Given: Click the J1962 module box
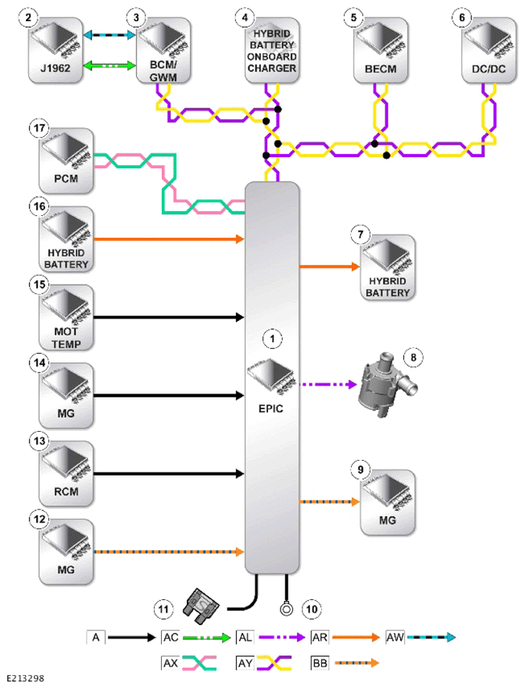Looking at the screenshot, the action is click(55, 51).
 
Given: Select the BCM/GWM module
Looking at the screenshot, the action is click(163, 51).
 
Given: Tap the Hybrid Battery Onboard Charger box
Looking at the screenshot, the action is click(272, 51).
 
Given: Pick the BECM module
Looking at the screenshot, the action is click(381, 51).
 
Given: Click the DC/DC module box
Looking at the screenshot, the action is click(488, 51).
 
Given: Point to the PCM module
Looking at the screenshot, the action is click(66, 161).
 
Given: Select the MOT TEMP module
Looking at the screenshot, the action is click(66, 318).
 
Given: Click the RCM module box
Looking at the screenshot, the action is click(66, 474).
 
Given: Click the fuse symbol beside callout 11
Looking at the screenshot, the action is click(202, 606).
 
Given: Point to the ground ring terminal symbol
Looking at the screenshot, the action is click(286, 609).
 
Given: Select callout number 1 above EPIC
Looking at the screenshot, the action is click(272, 339).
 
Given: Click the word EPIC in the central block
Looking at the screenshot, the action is click(271, 409).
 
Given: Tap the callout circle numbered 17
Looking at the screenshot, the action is click(39, 128).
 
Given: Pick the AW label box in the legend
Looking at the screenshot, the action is click(395, 637).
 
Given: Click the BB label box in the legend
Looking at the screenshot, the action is click(320, 663).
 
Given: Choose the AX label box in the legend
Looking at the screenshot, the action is click(170, 663).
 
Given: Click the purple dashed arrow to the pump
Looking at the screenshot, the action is click(328, 385).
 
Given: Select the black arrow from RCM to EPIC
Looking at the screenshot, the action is click(169, 474).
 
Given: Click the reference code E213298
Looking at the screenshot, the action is click(25, 678).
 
